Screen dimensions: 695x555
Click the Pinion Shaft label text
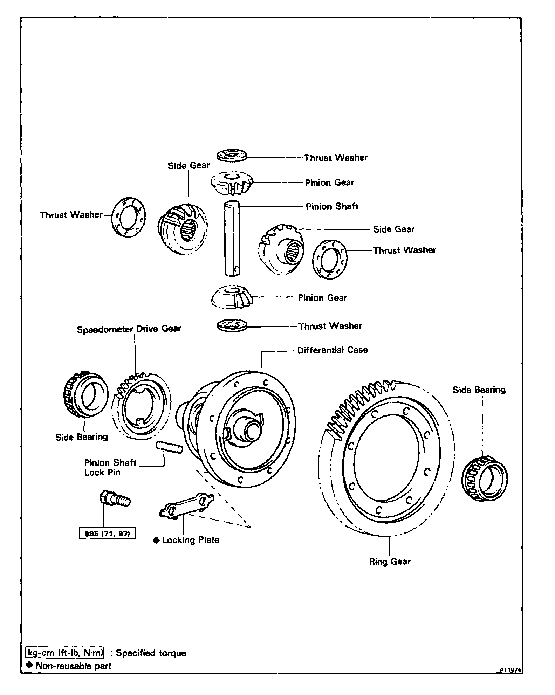(x=332, y=207)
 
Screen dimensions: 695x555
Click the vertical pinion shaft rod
(x=232, y=238)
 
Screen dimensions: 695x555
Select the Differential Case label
(x=332, y=350)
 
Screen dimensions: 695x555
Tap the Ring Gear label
(x=390, y=562)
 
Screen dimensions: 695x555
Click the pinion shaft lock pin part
(x=169, y=447)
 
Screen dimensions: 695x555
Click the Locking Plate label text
(x=190, y=540)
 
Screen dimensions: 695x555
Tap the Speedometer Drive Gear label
(x=129, y=329)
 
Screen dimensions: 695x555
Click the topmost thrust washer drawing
(x=232, y=155)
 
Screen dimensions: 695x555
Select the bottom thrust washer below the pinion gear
(x=232, y=325)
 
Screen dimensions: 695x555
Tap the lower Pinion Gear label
(x=322, y=298)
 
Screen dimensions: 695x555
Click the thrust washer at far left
(x=129, y=216)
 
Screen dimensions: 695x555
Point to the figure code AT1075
(x=511, y=669)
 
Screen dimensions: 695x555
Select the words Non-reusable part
(x=74, y=666)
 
